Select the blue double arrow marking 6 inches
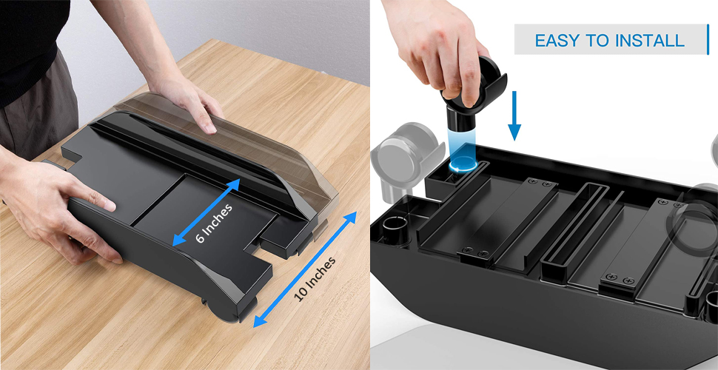point(205,212)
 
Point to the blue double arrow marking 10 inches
point(305,269)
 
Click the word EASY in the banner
point(558,40)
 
